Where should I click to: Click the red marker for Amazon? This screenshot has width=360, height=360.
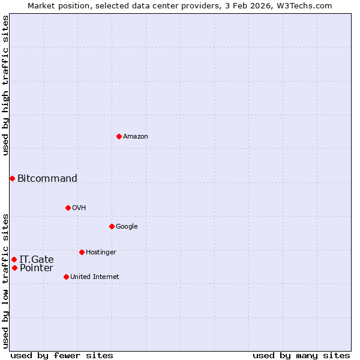pos(119,136)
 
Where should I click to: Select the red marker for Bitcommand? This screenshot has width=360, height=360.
pos(12,178)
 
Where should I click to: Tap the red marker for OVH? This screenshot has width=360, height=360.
pos(68,208)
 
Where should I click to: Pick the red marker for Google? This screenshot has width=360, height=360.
pos(112,226)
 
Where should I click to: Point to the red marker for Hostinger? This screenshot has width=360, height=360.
pos(82,252)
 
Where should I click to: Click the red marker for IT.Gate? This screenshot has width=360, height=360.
pos(14,259)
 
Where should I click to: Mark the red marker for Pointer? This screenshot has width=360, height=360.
pos(14,268)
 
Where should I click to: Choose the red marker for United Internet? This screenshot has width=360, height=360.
pos(66,277)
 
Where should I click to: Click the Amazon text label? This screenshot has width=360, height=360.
pos(136,137)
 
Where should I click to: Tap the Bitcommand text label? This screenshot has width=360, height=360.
pos(47,178)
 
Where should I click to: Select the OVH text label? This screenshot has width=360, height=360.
pos(79,208)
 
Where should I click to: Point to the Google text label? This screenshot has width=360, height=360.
pos(127,227)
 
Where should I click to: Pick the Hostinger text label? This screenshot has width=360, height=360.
pos(101,253)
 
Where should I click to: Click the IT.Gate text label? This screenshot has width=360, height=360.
pos(37,259)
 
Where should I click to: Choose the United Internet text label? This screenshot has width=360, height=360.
pos(94,277)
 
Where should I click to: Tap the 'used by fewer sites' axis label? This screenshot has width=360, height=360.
pos(62,355)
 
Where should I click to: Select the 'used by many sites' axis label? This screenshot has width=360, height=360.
pos(301,355)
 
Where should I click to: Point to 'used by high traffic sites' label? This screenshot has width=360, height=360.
pos(5,85)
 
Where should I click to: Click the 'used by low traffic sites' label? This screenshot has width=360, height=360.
pos(5,280)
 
